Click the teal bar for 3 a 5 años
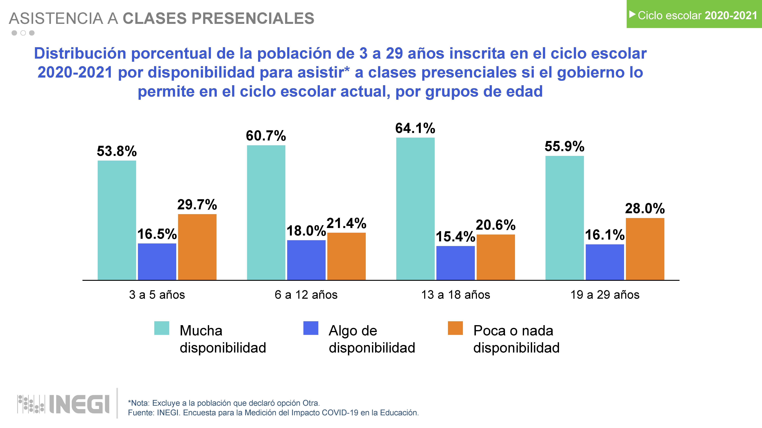tap(117, 220)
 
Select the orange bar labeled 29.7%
tap(197, 247)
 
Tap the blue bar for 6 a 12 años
tap(306, 260)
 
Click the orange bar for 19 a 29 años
tap(645, 249)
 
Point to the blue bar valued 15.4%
tap(455, 263)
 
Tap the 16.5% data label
tap(157, 234)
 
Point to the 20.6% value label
tap(495, 225)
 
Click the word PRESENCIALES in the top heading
tap(253, 18)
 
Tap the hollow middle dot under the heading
tap(23, 33)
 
